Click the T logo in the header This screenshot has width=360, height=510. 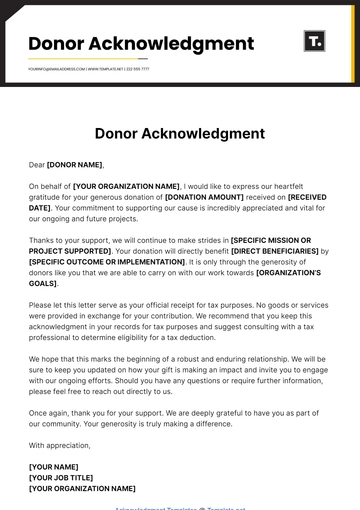pyautogui.click(x=314, y=42)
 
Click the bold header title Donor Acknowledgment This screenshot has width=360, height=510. pyautogui.click(x=140, y=44)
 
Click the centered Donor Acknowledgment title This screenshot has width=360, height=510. pyautogui.click(x=180, y=133)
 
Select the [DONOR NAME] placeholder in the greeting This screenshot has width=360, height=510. pyautogui.click(x=74, y=164)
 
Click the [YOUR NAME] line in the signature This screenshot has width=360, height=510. pyautogui.click(x=54, y=466)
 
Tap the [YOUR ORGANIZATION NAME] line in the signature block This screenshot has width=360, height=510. pyautogui.click(x=82, y=488)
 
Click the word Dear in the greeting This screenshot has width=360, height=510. pyautogui.click(x=37, y=164)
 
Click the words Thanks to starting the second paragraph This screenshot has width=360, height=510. pyautogui.click(x=48, y=240)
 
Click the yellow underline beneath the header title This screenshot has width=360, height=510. pyautogui.click(x=60, y=59)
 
